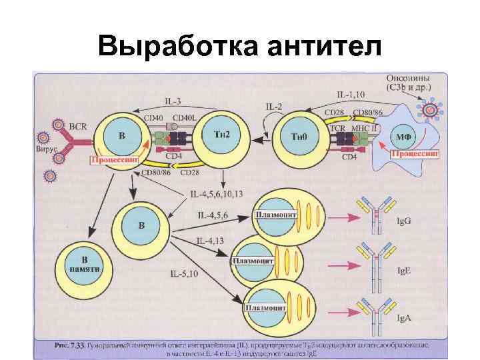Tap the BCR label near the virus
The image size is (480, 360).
click(x=77, y=124)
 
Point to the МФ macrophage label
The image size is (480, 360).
click(x=403, y=136)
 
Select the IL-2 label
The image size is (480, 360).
click(x=274, y=107)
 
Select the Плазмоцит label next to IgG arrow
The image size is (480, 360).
click(x=275, y=215)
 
